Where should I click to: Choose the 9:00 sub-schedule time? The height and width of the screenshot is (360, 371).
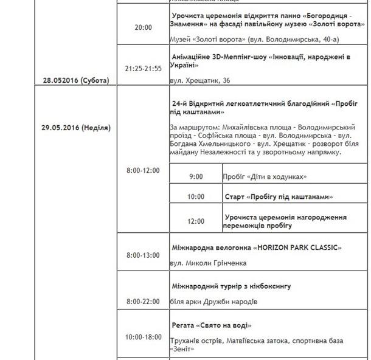(x=196, y=176)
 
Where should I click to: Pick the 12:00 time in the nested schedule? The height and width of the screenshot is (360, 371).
(x=196, y=221)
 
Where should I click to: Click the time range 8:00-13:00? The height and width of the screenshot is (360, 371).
(x=143, y=256)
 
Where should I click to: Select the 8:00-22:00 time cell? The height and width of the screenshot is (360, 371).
(x=143, y=302)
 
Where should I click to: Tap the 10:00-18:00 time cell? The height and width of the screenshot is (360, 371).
(x=143, y=337)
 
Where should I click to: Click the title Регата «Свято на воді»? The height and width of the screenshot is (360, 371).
(x=212, y=325)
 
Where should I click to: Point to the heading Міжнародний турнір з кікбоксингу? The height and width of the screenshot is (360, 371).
(x=232, y=285)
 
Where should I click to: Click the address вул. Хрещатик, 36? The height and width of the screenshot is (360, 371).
(x=200, y=80)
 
